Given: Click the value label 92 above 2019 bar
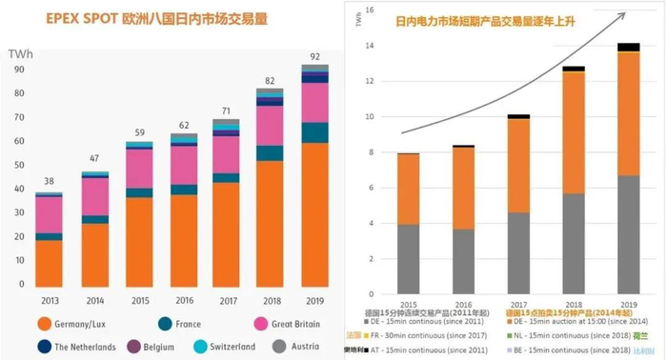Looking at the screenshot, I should click(x=313, y=56).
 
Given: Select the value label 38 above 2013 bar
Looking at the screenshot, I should click(x=48, y=181).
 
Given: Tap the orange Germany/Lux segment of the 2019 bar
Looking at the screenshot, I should click(x=313, y=214).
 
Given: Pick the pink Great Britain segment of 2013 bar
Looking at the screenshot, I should click(x=48, y=214).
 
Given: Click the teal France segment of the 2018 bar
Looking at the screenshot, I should click(x=270, y=153).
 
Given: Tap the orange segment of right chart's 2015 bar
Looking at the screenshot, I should click(x=408, y=189).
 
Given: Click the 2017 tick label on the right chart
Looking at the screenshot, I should click(x=517, y=303).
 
